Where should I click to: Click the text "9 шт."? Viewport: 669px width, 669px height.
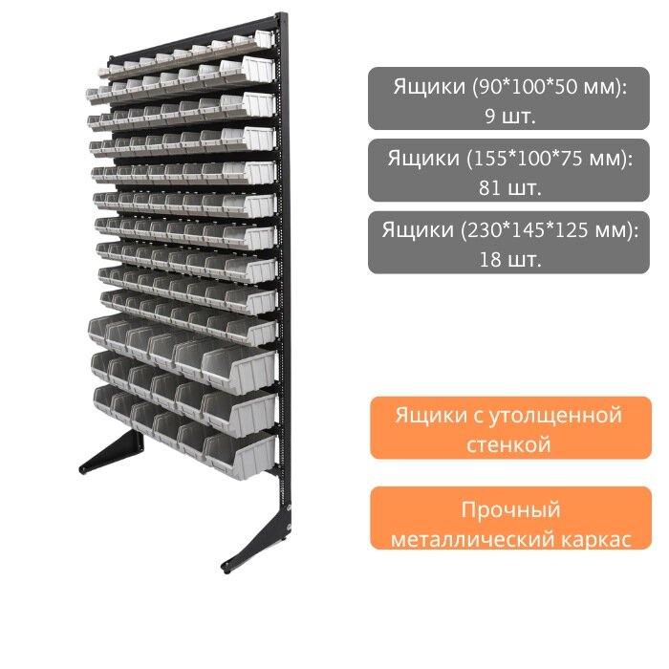coord(510,115)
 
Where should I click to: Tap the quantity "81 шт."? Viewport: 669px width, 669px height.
coord(510,186)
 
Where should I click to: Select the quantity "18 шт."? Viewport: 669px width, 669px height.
coord(510,258)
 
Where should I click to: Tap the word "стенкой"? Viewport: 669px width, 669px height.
coord(509,444)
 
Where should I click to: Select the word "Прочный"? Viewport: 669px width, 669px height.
coord(510,508)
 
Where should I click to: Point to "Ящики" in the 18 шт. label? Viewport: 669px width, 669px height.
coord(417,230)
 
